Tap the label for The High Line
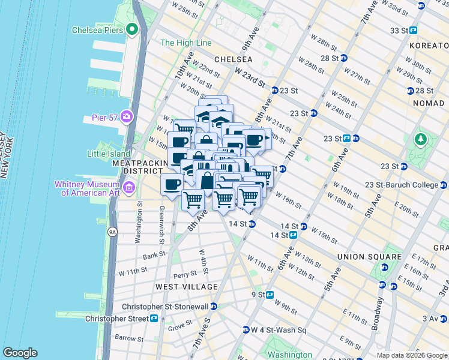186,43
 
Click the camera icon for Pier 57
127,116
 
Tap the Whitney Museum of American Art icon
128,188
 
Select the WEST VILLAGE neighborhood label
187,287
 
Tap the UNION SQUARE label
369,257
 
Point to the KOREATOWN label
428,46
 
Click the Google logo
20,353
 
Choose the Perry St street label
184,275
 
